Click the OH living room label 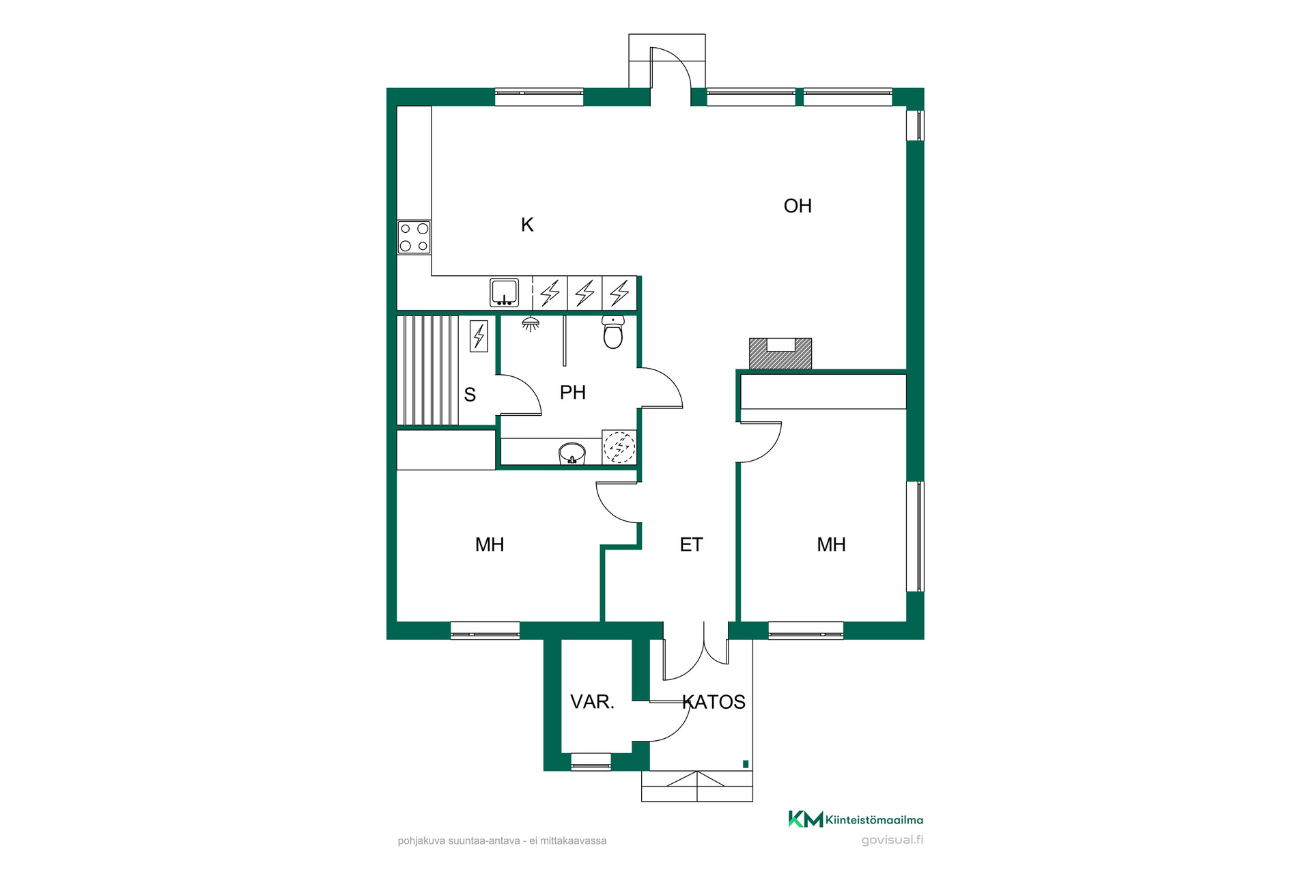pos(798,206)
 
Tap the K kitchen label pos(527,225)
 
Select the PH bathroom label pos(573,393)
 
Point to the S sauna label pos(470,395)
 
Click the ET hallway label pos(691,545)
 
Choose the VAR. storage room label pos(592,702)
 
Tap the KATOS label pos(714,702)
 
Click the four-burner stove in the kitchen pos(414,237)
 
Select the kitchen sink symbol pos(505,292)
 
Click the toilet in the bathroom pos(613,332)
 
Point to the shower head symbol pos(531,324)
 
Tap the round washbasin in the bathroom pos(572,453)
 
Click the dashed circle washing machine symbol pos(619,448)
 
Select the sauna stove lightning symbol pos(479,336)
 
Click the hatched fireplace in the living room pos(780,354)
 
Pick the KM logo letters pos(806,819)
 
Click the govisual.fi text pos(892,841)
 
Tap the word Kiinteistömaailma pos(875,820)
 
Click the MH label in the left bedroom pos(490,545)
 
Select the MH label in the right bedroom pos(832,545)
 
